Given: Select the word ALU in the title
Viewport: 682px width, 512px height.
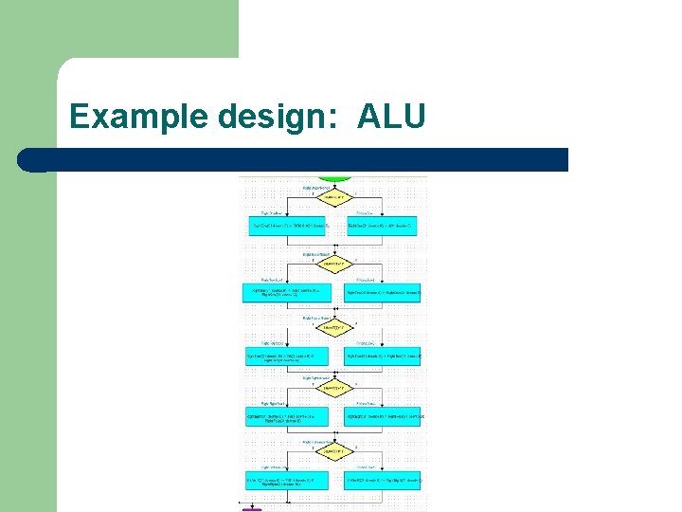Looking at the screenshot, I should coord(391,117).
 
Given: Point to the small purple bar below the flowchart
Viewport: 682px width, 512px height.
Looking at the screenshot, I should coord(252,509).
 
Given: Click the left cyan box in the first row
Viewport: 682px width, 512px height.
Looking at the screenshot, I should coord(288,227).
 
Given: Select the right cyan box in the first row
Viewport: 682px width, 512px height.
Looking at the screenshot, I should coord(383,227).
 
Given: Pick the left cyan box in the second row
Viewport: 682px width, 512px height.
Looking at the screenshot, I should coord(288,293).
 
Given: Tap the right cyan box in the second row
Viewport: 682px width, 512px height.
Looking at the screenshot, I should coord(383,293).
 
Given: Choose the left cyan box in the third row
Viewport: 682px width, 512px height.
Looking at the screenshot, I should coord(288,357).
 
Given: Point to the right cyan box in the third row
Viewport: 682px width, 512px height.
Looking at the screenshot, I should coord(383,357).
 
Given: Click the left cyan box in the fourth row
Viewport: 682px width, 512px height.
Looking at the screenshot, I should coord(288,416).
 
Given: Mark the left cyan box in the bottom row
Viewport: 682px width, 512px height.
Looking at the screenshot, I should coord(288,482).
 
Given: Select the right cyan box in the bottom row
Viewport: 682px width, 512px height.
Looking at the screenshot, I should coord(383,482).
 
